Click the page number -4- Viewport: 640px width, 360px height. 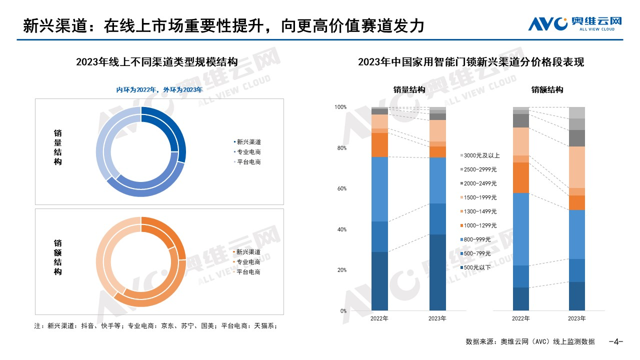click(x=615, y=342)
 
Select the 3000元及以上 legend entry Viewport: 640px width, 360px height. click(x=481, y=155)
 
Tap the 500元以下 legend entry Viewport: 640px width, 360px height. click(x=477, y=267)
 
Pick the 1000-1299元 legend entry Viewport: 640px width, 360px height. click(x=480, y=225)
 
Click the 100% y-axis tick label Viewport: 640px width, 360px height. click(x=340, y=107)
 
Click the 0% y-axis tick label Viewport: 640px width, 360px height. click(x=343, y=311)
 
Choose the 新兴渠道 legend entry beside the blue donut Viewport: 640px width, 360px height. click(x=248, y=141)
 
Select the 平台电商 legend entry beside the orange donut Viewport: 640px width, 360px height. click(x=248, y=272)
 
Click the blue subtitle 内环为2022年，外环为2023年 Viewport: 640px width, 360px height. click(x=159, y=90)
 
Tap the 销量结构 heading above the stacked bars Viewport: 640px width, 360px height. click(x=409, y=90)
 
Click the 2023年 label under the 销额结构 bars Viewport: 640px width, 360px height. click(x=577, y=318)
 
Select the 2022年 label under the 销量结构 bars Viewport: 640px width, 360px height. click(x=379, y=318)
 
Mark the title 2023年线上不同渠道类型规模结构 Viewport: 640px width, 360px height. click(x=156, y=62)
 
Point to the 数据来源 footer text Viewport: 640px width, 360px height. click(x=530, y=342)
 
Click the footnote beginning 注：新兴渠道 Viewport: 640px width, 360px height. click(x=155, y=325)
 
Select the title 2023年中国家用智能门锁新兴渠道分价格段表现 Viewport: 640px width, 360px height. click(x=471, y=62)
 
